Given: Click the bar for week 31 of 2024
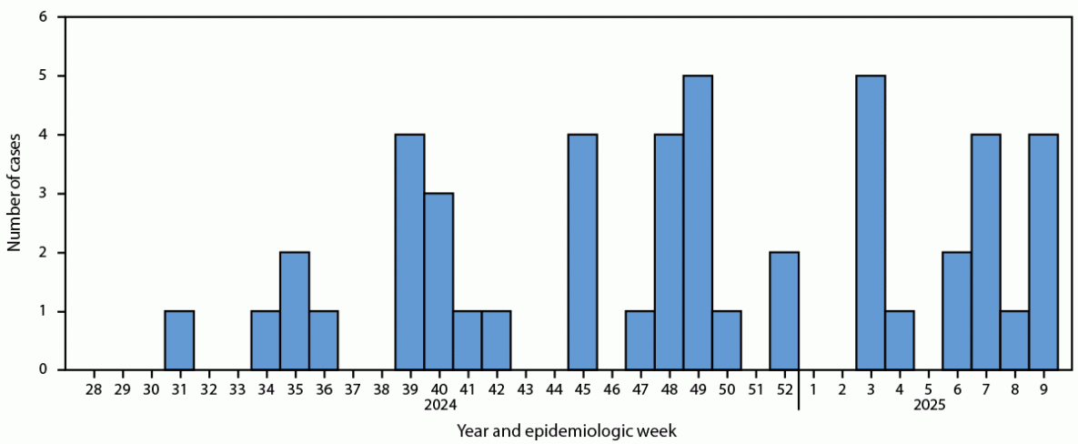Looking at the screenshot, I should [x=179, y=340].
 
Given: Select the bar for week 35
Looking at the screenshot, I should [x=295, y=311].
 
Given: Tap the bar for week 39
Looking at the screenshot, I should [x=409, y=252].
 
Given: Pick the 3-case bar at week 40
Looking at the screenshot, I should [x=438, y=281].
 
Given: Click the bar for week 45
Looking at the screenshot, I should [x=583, y=252].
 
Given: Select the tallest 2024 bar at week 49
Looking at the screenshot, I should [x=698, y=223].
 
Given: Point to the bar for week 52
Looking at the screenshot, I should [x=784, y=311].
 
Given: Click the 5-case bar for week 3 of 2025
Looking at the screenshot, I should [x=871, y=223].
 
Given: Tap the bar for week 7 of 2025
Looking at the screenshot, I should [x=986, y=252].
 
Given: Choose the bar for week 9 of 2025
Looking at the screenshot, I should [x=1043, y=252].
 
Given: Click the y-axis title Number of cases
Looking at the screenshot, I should [x=15, y=194].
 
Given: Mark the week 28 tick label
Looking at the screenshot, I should [x=93, y=389].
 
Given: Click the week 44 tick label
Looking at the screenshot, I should [x=554, y=389].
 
